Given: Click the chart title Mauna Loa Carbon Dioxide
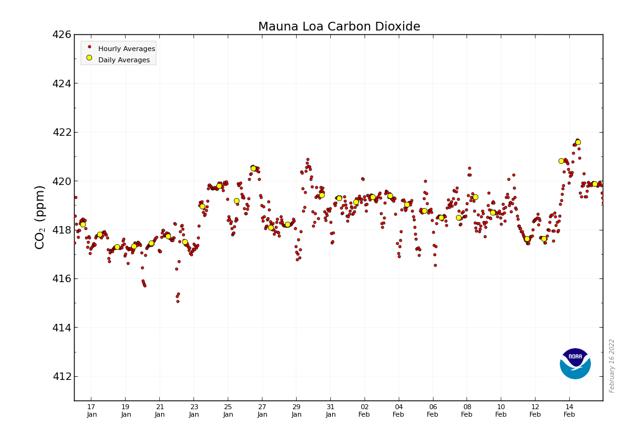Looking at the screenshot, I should tap(339, 27).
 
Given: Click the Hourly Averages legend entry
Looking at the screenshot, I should tap(126, 49).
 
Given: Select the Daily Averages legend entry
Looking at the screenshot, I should tap(124, 60).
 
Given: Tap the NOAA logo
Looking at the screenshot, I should tap(575, 364).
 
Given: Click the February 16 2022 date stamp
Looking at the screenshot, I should tap(612, 366).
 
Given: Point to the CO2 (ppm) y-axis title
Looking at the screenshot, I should tap(40, 217).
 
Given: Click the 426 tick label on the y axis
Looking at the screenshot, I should tap(61, 35).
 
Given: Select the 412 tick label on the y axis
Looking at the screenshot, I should tap(61, 376).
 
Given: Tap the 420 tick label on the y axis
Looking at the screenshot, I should tap(61, 181).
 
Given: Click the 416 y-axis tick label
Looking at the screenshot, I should tap(61, 278).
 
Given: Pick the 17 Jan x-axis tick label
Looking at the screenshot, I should tap(91, 411).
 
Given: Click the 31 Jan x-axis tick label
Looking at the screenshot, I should tap(330, 411).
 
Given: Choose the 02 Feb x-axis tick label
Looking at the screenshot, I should tap(364, 411).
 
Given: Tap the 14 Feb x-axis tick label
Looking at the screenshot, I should tap(569, 411).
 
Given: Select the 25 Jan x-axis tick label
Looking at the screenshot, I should tap(228, 411).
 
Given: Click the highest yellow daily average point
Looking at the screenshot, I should tap(578, 142).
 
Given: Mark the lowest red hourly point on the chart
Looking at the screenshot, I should tap(177, 301).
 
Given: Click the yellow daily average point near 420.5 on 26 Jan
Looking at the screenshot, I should tap(253, 168).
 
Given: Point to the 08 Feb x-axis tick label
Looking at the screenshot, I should tap(467, 411).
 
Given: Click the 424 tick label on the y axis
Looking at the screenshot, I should tap(61, 83).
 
